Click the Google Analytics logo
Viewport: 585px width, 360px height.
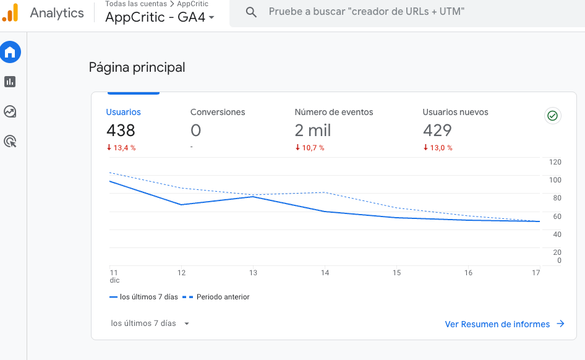tap(11, 12)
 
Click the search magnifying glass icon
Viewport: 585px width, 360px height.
tap(251, 12)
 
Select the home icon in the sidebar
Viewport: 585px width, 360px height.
tap(10, 53)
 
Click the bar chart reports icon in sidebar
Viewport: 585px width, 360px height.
tap(10, 82)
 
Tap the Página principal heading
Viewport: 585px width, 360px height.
tap(137, 67)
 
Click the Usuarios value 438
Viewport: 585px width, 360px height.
tap(121, 131)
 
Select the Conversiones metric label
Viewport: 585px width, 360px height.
tap(218, 113)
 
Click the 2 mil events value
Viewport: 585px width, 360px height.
tap(313, 131)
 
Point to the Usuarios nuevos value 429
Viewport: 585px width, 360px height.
tap(437, 131)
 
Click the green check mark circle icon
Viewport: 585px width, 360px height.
tap(552, 116)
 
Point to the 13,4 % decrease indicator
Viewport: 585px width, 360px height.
tap(121, 148)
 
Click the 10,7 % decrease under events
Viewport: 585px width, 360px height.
tap(310, 148)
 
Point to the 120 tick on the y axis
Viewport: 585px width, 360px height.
tap(555, 162)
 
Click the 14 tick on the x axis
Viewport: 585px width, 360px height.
tap(325, 273)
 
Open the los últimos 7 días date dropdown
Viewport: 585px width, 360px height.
tap(150, 324)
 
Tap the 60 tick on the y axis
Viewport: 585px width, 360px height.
tap(557, 216)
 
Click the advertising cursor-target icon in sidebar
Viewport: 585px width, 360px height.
tap(10, 142)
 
